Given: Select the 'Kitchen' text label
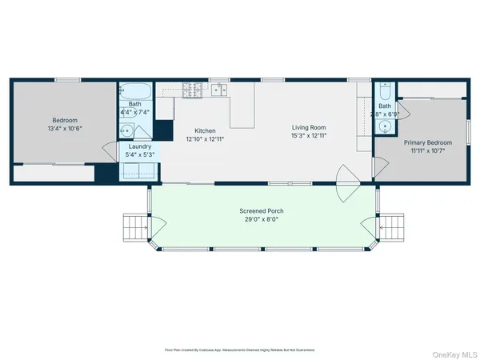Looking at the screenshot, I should [206, 130].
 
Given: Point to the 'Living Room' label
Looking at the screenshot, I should [310, 127].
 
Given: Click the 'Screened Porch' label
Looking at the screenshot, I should [262, 211].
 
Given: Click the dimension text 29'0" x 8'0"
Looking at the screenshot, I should [262, 219].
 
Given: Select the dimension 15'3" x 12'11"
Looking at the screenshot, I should [310, 135].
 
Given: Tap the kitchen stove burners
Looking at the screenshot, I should [193, 91].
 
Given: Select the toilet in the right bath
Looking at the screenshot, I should [385, 90].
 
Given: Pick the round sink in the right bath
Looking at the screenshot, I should [385, 125].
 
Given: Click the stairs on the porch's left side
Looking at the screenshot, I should [134, 228].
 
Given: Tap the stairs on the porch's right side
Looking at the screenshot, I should [391, 228].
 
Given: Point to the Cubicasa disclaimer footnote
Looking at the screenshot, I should [240, 350].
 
